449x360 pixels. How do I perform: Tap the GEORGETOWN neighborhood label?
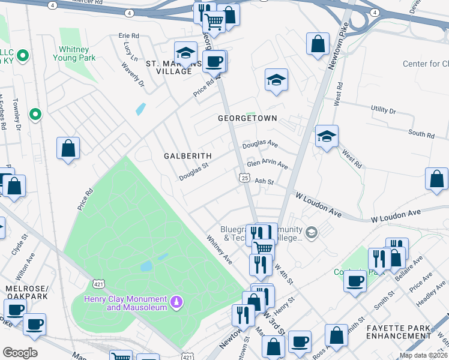tap(247, 118)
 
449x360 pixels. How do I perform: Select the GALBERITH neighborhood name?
tap(188, 156)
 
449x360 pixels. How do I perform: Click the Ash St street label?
tap(264, 181)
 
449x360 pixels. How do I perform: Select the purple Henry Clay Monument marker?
tap(176, 300)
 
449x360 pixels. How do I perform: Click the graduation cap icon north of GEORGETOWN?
tap(276, 80)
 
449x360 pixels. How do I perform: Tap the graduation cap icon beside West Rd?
tap(327, 136)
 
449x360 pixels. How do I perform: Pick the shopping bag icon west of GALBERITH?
tap(68, 148)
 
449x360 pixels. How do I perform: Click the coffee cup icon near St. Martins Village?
tap(214, 61)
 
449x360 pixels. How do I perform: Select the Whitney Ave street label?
tap(219, 249)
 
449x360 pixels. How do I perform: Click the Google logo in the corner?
tap(20, 353)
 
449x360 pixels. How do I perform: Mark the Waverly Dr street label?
tap(133, 74)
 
